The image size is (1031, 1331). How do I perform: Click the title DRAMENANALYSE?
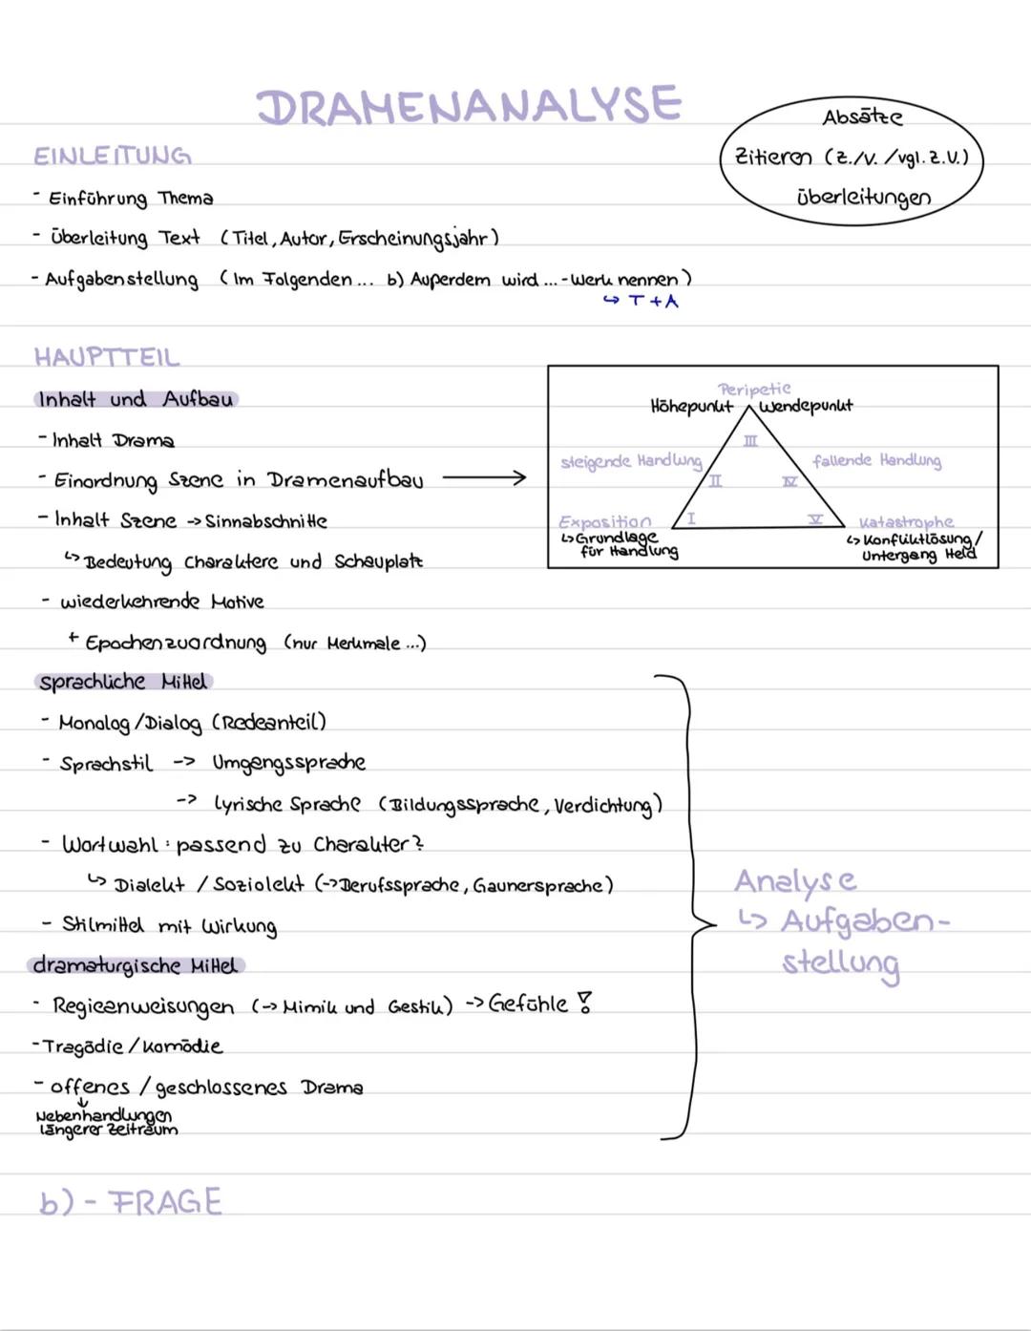click(470, 105)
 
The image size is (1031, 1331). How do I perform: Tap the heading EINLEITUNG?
click(113, 156)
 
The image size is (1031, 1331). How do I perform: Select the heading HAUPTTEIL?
click(107, 357)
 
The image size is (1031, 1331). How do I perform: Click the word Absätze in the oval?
click(862, 117)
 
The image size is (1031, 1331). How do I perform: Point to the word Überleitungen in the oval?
click(863, 198)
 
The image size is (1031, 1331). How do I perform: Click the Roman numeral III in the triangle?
click(751, 441)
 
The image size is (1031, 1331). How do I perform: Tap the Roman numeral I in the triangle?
click(691, 518)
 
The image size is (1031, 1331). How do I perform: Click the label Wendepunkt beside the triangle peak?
click(807, 407)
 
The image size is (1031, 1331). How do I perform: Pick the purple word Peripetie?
click(754, 389)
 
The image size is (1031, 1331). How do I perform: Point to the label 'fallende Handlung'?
click(876, 461)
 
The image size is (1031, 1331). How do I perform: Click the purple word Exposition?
click(605, 521)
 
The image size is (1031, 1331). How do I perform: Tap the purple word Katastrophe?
click(906, 522)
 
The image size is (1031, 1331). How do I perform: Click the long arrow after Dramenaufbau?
click(484, 477)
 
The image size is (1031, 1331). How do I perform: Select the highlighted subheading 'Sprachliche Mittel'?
click(122, 682)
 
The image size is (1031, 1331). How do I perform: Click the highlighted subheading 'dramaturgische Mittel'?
click(135, 965)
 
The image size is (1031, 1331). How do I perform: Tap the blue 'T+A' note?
click(653, 302)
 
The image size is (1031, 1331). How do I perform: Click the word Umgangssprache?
click(288, 763)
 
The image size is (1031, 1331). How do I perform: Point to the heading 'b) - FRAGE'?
click(131, 1201)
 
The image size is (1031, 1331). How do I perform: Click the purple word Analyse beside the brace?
click(795, 881)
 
